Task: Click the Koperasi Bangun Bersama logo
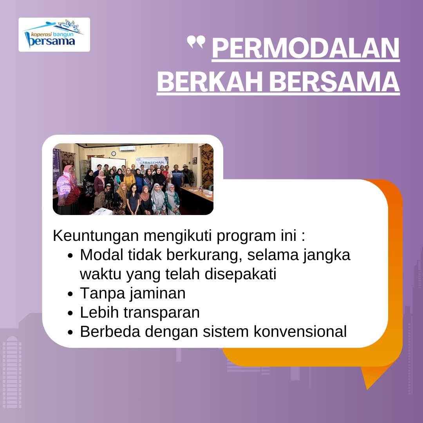click(x=54, y=34)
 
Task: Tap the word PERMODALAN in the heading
click(x=305, y=49)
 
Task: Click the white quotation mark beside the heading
click(x=196, y=42)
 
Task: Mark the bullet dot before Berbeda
click(x=70, y=333)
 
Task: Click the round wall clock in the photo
click(x=114, y=153)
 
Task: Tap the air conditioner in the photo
click(x=127, y=149)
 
